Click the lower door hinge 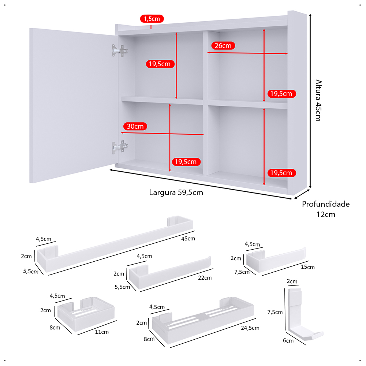coord(120,147)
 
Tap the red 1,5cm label coord(152,19)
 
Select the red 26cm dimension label coord(223,46)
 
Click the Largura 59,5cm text coord(176,193)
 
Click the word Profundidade coord(326,204)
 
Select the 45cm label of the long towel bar coord(188,239)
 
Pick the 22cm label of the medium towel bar coord(205,278)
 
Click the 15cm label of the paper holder coord(308,267)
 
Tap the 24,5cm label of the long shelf coord(250,328)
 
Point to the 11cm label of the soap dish coord(102,332)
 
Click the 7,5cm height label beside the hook coord(275,312)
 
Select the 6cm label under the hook coord(288,341)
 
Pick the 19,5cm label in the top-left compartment coord(160,64)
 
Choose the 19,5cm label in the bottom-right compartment coord(281,173)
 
